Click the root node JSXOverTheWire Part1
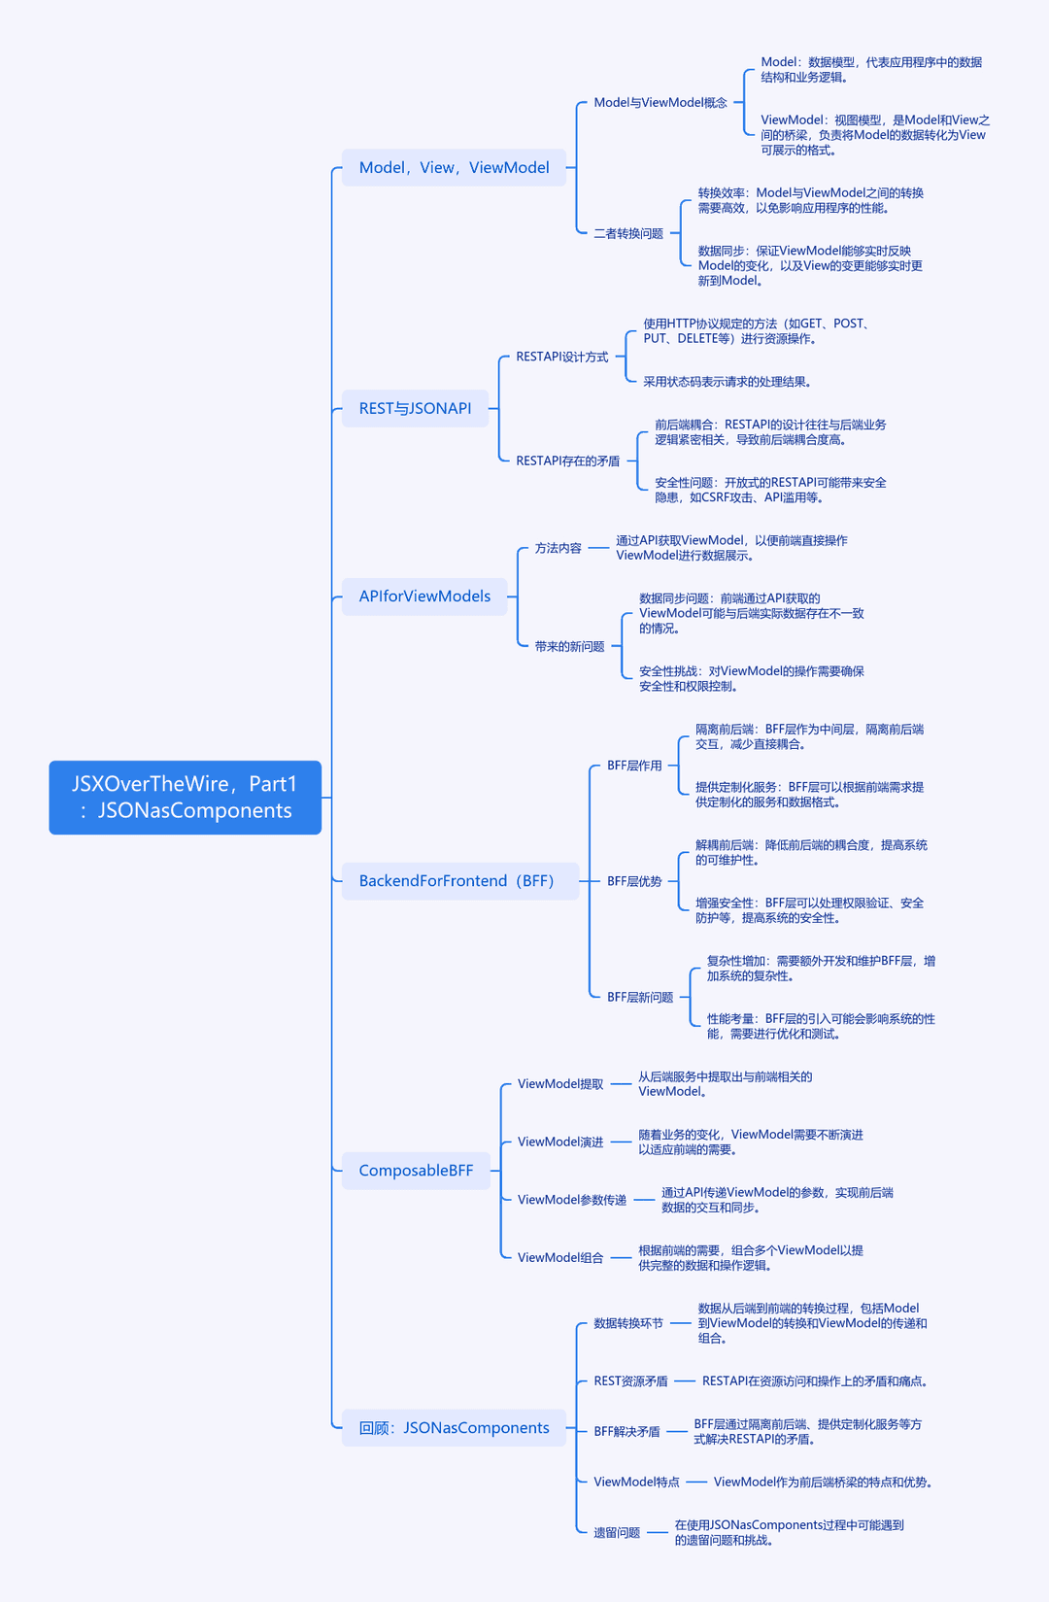tap(186, 797)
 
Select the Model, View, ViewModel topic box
tap(454, 167)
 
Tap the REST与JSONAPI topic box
tap(415, 408)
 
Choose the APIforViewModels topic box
tap(424, 596)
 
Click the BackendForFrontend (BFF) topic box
tap(460, 881)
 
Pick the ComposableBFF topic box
tap(416, 1171)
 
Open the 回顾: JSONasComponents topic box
tap(454, 1427)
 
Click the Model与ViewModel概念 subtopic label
tap(660, 102)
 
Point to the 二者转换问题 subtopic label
tap(628, 233)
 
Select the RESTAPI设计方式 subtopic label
tap(562, 357)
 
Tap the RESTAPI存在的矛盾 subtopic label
tap(568, 461)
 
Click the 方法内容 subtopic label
tap(558, 548)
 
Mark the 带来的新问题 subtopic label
tap(569, 646)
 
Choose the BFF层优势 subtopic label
tap(634, 881)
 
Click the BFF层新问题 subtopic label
tap(640, 997)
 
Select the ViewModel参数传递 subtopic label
tap(572, 1200)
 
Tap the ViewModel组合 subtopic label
tap(560, 1257)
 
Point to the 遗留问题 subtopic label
tap(617, 1532)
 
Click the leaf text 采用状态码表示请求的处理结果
tap(727, 382)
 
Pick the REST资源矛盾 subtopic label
tap(630, 1381)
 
